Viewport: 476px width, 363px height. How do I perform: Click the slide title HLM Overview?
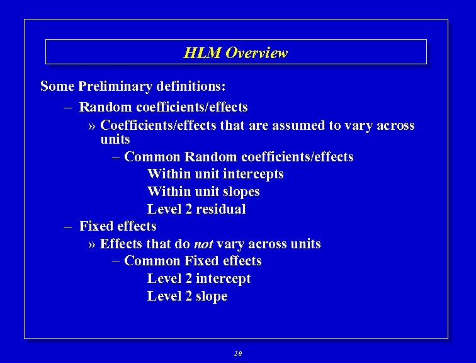(x=235, y=53)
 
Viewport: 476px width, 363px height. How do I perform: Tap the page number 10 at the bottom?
(x=237, y=354)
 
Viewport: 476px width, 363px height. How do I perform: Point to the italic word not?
(x=203, y=244)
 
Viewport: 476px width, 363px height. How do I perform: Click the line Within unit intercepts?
(x=215, y=174)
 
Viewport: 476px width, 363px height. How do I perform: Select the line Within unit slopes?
(x=203, y=192)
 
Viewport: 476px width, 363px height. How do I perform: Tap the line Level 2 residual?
(x=196, y=209)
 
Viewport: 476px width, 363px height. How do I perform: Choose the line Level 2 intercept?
(x=199, y=279)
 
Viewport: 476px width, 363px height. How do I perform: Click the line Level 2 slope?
(x=187, y=296)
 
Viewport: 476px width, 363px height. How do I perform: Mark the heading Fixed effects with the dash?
(x=117, y=226)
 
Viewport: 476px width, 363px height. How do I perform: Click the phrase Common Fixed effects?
(x=193, y=261)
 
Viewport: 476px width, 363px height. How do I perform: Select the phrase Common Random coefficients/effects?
(x=239, y=157)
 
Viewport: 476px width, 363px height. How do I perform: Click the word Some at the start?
(x=57, y=86)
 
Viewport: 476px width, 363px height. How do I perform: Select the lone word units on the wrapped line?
(x=115, y=139)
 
